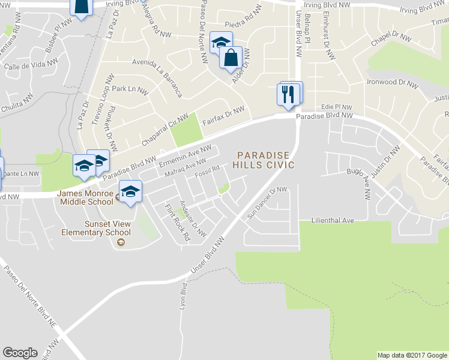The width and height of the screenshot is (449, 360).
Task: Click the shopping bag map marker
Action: [231, 58]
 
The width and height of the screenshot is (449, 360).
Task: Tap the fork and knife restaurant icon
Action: [288, 94]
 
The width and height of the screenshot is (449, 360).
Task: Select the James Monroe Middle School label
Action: [86, 197]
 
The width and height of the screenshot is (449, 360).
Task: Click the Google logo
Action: [20, 353]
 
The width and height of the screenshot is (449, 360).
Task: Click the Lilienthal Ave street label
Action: [333, 221]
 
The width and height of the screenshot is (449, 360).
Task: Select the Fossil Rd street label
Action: [207, 175]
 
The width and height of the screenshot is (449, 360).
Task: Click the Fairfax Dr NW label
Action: [223, 114]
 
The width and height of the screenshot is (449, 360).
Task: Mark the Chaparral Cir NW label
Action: [164, 130]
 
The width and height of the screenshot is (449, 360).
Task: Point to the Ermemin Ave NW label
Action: [185, 156]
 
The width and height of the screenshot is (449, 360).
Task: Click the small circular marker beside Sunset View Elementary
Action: [121, 242]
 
